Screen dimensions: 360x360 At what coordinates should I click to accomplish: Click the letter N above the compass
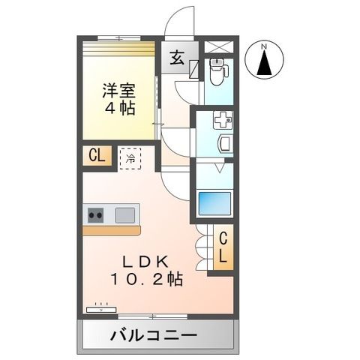click(263, 48)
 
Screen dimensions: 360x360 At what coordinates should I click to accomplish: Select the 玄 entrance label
click(176, 57)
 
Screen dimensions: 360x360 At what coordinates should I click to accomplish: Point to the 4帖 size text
click(118, 109)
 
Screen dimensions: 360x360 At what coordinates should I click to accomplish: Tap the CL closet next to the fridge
click(97, 156)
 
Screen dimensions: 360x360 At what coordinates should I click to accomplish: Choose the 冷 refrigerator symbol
click(130, 157)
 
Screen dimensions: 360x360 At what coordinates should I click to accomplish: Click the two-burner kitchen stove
click(97, 215)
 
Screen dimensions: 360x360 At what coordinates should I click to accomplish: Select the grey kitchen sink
click(124, 214)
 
